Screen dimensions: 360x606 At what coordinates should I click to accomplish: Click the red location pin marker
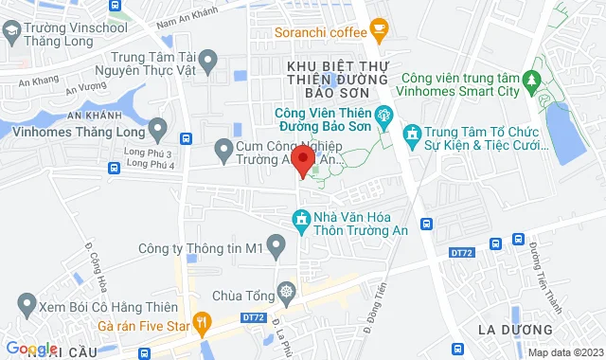pos(302,158)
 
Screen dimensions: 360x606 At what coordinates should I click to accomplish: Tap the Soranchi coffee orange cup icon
pos(379,31)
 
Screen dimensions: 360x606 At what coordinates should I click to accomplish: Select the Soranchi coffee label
pos(319,32)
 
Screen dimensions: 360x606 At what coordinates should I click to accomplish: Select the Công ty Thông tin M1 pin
pos(276,248)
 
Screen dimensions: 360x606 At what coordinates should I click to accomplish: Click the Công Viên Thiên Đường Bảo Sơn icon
pos(383,118)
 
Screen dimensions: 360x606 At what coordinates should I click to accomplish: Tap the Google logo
pos(30,349)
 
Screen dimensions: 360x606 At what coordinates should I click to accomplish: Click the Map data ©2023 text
pos(564,352)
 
